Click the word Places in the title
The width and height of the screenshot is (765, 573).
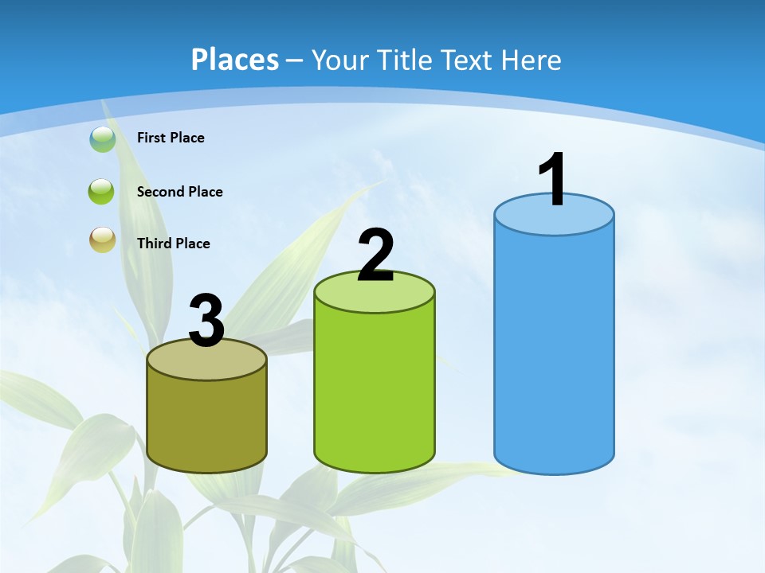235,60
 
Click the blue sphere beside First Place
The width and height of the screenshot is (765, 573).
102,138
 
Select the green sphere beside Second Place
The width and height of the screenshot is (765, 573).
102,192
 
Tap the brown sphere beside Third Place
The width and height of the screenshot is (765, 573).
102,240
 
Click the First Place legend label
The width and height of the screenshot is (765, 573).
171,138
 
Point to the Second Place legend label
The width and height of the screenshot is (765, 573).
179,192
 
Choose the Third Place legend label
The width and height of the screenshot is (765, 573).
173,244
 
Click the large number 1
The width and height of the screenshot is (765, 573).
553,180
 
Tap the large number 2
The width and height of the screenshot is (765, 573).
376,255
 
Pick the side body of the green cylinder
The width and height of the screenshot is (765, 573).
375,390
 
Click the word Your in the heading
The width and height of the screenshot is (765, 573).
339,60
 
